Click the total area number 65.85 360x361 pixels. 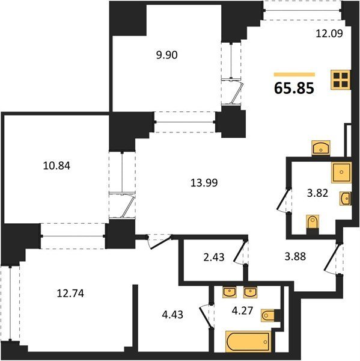pyautogui.click(x=294, y=88)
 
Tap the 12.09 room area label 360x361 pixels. pyautogui.click(x=329, y=34)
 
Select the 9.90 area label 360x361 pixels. pyautogui.click(x=166, y=55)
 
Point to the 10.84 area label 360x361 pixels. pyautogui.click(x=56, y=166)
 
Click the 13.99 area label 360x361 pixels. pyautogui.click(x=204, y=183)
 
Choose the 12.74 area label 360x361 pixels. pyautogui.click(x=70, y=294)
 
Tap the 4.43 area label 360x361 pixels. pyautogui.click(x=172, y=315)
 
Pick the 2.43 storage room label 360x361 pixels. pyautogui.click(x=214, y=257)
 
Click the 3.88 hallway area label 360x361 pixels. pyautogui.click(x=295, y=256)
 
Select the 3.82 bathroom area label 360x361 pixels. pyautogui.click(x=317, y=193)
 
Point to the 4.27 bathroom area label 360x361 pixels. pyautogui.click(x=242, y=310)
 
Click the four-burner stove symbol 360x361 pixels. pyautogui.click(x=341, y=79)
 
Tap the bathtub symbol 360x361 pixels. pyautogui.click(x=248, y=341)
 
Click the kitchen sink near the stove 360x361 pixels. pyautogui.click(x=321, y=147)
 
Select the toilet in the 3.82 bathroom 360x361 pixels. pyautogui.click(x=313, y=223)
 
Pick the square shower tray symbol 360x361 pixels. pyautogui.click(x=341, y=173)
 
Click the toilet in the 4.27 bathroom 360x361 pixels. pyautogui.click(x=269, y=315)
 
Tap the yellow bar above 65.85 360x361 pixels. pyautogui.click(x=294, y=75)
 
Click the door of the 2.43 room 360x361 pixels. pyautogui.click(x=240, y=251)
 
